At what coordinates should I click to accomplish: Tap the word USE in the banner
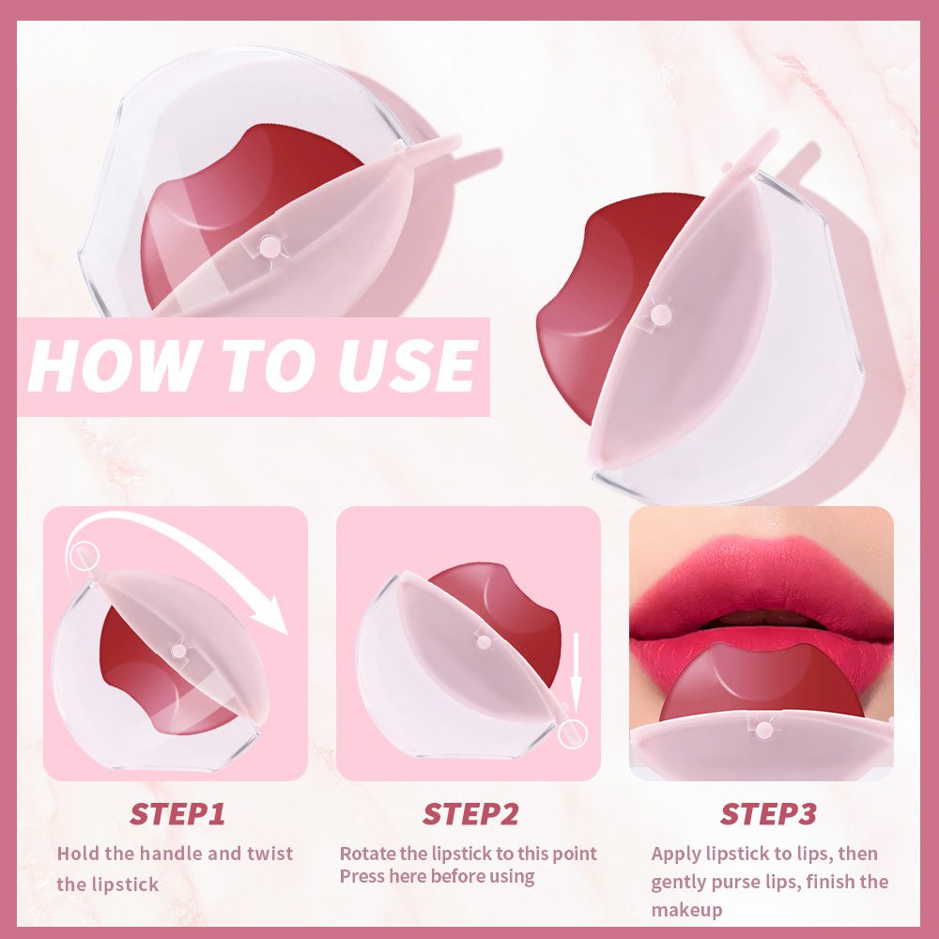pyautogui.click(x=408, y=365)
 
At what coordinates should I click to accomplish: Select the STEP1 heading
pyautogui.click(x=177, y=814)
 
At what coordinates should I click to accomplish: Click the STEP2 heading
pyautogui.click(x=470, y=814)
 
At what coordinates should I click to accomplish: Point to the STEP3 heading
pyautogui.click(x=768, y=814)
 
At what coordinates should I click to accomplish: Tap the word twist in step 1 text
pyautogui.click(x=270, y=853)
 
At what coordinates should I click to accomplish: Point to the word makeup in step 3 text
pyautogui.click(x=686, y=910)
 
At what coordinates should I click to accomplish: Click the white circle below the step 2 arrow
pyautogui.click(x=573, y=734)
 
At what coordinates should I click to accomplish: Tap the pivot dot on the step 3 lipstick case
pyautogui.click(x=763, y=730)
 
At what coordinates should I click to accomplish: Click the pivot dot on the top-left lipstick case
pyautogui.click(x=269, y=245)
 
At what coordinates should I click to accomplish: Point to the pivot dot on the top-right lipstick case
pyautogui.click(x=660, y=314)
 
